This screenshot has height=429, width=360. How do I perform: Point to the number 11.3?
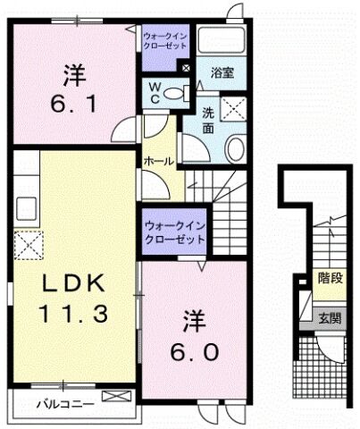tap(75, 315)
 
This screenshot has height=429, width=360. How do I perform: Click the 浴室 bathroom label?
tap(223, 73)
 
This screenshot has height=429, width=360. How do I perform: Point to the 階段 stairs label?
tap(331, 278)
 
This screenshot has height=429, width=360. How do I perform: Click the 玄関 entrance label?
tap(331, 318)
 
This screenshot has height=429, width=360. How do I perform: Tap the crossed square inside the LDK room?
tap(28, 243)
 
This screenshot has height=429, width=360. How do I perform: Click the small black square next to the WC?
tap(186, 68)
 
